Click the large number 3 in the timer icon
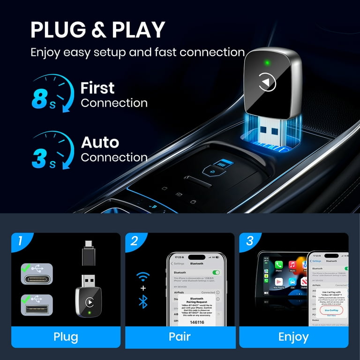40,157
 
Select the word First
97,88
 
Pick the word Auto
100,142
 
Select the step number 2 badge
135,241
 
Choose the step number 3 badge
249,241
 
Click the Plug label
66,337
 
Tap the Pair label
180,337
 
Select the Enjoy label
294,337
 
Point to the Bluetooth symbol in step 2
143,302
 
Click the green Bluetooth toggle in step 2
216,272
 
